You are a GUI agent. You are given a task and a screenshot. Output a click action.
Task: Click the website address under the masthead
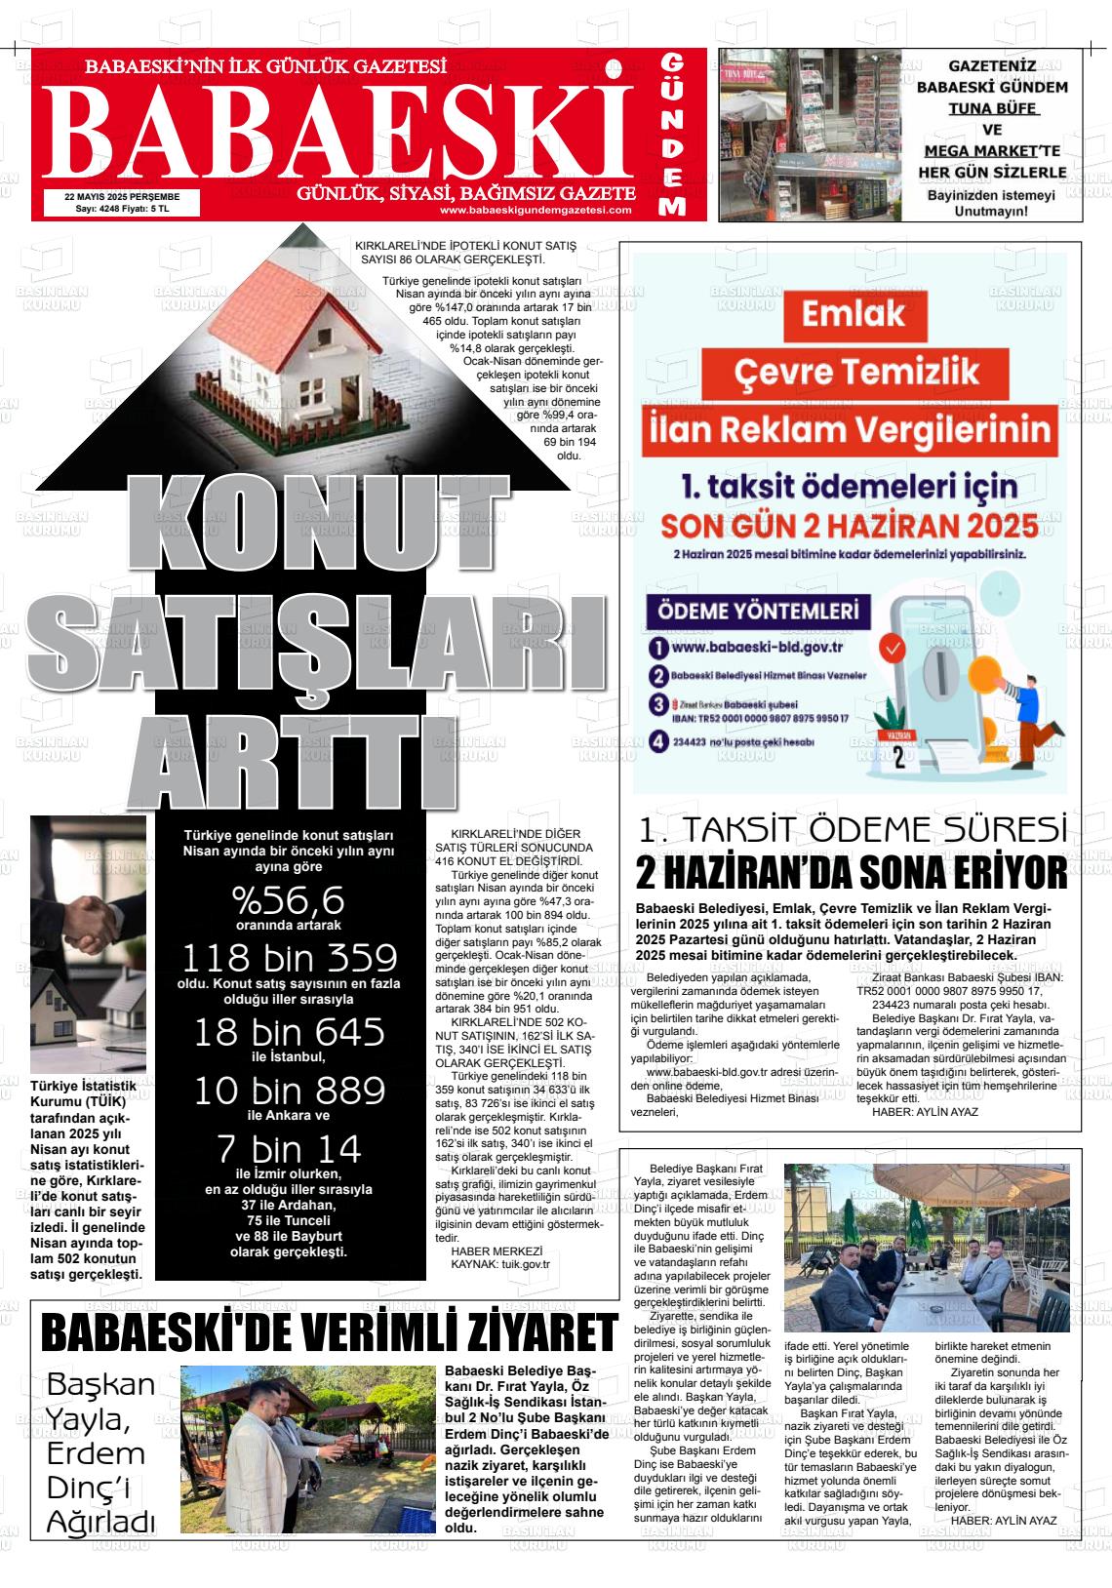(536, 210)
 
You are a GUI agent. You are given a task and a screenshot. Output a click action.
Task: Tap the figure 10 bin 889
(289, 1090)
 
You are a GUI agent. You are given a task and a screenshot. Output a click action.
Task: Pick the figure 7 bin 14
(289, 1146)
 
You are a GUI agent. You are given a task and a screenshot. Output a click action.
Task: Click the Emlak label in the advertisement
(854, 314)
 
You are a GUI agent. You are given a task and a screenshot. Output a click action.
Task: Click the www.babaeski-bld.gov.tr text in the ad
(757, 647)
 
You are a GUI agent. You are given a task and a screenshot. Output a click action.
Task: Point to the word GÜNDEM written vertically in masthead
(671, 134)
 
